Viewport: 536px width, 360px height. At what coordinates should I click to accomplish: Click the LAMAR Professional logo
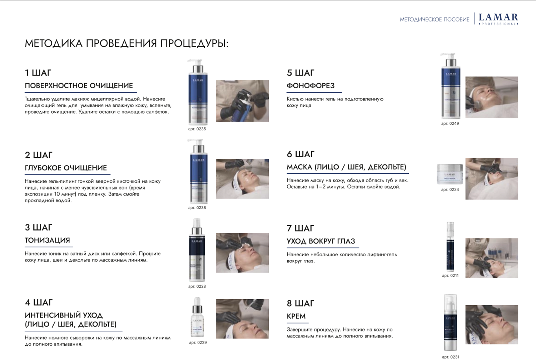click(x=498, y=19)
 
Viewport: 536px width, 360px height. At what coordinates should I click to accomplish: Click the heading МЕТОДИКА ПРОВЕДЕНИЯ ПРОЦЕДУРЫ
click(x=126, y=43)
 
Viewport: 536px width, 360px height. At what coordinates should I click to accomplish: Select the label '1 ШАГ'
click(x=38, y=73)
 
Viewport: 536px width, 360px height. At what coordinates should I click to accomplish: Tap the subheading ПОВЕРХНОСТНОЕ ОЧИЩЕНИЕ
click(x=79, y=86)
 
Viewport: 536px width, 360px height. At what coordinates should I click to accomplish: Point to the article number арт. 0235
click(x=197, y=129)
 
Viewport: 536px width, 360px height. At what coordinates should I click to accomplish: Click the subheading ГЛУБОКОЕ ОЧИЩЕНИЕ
click(x=66, y=168)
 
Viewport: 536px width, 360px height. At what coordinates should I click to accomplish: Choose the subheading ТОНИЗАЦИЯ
click(x=47, y=240)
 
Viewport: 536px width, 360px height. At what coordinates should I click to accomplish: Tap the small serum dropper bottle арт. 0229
click(x=197, y=317)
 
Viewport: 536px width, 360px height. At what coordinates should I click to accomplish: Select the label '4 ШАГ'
click(x=39, y=302)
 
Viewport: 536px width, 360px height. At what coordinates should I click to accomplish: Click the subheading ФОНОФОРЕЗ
click(x=311, y=86)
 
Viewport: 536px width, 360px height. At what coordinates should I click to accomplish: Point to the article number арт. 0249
click(x=450, y=123)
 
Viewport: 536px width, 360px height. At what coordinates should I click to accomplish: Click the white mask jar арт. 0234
click(x=450, y=174)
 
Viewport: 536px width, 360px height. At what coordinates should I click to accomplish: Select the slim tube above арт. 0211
click(x=450, y=247)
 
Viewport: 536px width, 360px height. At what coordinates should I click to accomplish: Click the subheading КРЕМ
click(x=296, y=316)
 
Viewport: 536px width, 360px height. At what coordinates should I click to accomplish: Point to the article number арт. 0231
click(x=450, y=357)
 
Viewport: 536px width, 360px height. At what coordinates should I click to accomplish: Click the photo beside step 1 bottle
click(x=242, y=101)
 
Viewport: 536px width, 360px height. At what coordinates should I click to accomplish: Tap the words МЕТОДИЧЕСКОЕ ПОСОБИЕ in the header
click(x=434, y=20)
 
